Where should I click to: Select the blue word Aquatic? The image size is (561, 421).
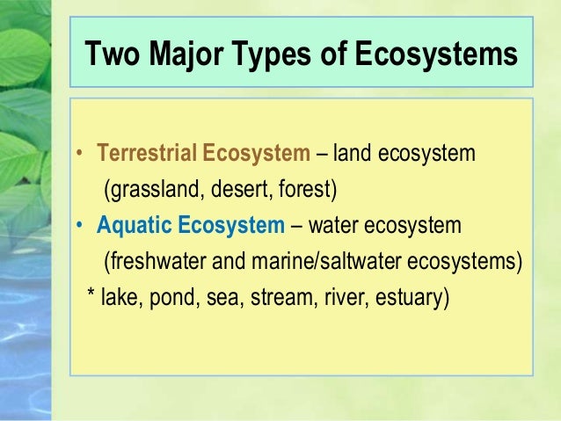point(133,226)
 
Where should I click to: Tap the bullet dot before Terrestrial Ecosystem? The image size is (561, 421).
point(79,155)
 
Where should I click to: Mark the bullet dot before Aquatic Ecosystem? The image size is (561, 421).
point(79,227)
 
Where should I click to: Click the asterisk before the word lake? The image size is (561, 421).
point(92,297)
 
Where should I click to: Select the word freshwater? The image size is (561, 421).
point(149,262)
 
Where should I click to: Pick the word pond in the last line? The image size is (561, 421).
point(171,298)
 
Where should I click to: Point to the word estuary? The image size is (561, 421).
point(410,298)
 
